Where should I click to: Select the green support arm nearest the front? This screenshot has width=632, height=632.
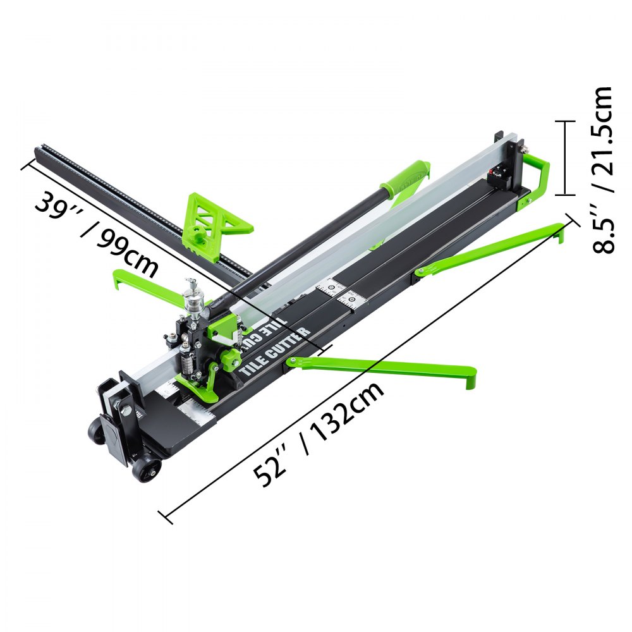tap(386, 367)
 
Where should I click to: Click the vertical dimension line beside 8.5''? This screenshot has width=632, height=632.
tap(565, 158)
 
